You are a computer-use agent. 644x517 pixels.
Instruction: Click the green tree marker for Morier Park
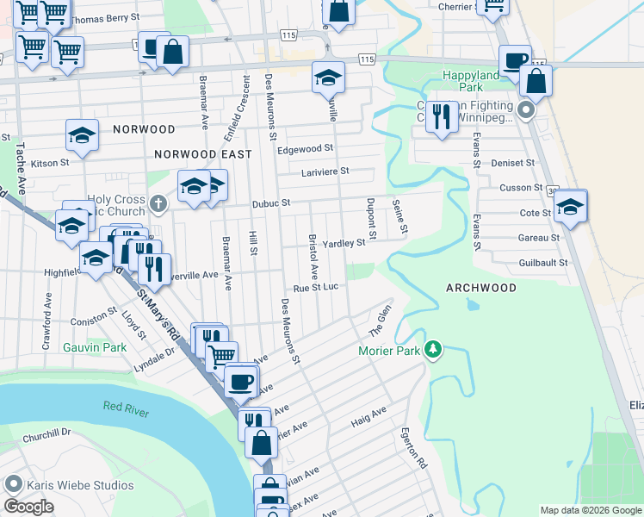click(x=435, y=349)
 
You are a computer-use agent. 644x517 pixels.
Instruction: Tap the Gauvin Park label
click(x=94, y=348)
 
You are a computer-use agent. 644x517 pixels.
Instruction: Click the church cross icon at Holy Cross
click(x=157, y=203)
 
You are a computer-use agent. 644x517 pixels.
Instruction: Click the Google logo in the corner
click(x=28, y=507)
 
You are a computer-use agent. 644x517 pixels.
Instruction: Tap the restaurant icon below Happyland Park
click(x=442, y=116)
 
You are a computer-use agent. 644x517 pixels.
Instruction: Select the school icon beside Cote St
click(x=570, y=207)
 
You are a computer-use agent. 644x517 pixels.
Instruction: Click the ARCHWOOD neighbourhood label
click(x=480, y=288)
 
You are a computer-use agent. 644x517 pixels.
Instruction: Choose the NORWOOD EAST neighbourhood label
click(x=202, y=154)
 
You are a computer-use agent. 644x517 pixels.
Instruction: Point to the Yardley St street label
click(x=344, y=244)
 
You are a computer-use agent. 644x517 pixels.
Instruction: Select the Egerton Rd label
click(x=414, y=448)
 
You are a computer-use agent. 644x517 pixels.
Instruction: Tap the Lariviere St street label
click(x=325, y=171)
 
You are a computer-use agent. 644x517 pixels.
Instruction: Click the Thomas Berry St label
click(x=104, y=18)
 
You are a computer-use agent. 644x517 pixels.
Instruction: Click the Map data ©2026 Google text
click(x=590, y=510)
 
